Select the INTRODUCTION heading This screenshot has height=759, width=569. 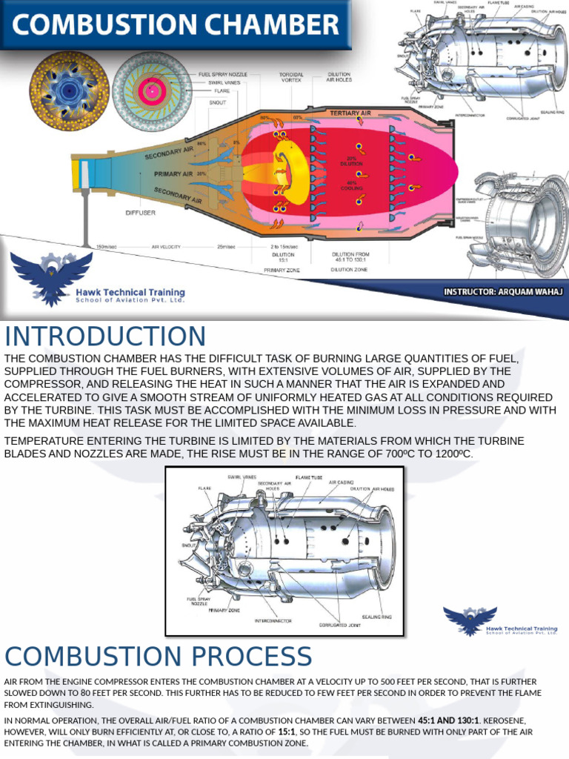click(x=105, y=337)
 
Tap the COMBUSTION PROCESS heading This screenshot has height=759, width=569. click(x=159, y=657)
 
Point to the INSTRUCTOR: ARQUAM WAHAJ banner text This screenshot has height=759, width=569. click(x=503, y=291)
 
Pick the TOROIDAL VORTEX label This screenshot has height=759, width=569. click(x=290, y=76)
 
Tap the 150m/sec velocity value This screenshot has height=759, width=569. click(x=107, y=247)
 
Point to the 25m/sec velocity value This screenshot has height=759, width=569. click(x=226, y=247)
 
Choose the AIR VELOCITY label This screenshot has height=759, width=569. click(x=166, y=247)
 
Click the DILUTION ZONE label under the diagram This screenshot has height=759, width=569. click(x=349, y=270)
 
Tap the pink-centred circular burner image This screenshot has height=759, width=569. click(x=153, y=91)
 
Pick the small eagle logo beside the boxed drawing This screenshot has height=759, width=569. click(x=470, y=620)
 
